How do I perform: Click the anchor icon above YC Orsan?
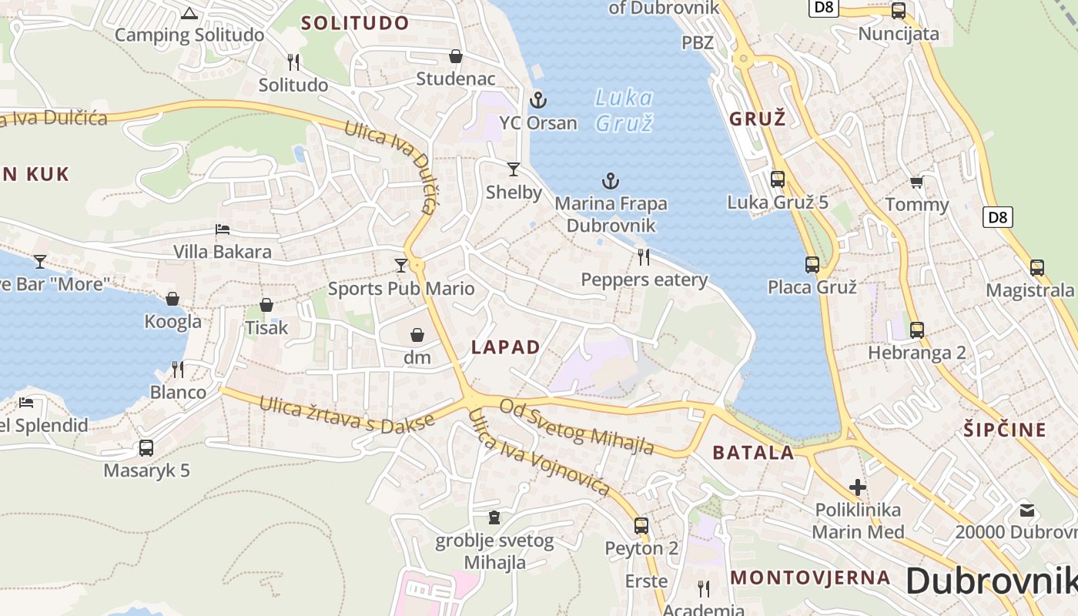(538, 99)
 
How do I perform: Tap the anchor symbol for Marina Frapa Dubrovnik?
(610, 181)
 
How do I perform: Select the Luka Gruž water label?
(624, 110)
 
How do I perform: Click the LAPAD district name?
(506, 347)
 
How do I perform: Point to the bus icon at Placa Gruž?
(812, 264)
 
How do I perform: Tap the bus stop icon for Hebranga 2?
(916, 330)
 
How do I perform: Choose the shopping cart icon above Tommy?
(916, 182)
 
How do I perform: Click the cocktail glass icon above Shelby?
(514, 169)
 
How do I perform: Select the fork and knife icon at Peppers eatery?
(644, 256)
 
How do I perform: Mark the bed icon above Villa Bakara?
(222, 229)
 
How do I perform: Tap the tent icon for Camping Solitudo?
(189, 13)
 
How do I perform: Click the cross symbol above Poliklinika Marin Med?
(858, 487)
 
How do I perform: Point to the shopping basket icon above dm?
(417, 335)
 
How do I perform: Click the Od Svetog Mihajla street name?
(577, 427)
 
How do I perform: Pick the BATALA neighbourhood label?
(753, 453)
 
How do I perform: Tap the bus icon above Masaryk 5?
(146, 447)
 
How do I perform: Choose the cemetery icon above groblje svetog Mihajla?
(494, 517)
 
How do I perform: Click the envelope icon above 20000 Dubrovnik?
(1027, 509)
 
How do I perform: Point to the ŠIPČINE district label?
(1005, 430)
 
